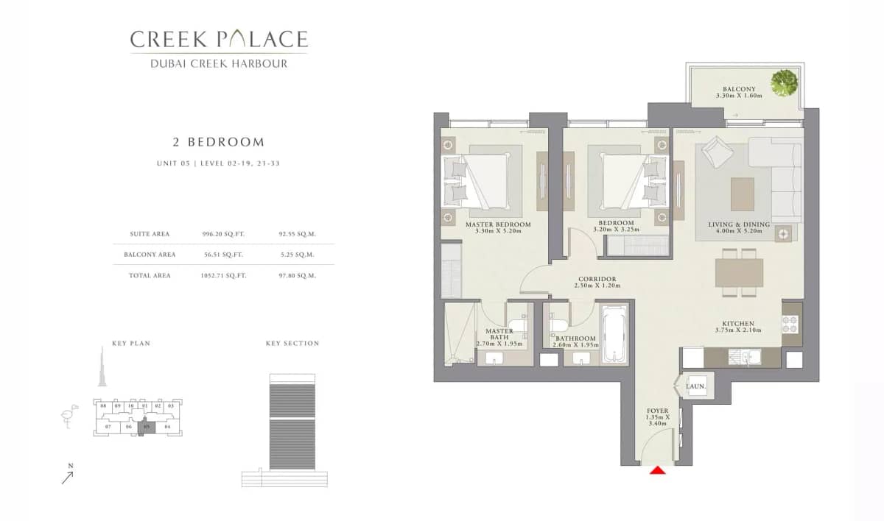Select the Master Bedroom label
498,224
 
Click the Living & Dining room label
739,224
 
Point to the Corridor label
597,280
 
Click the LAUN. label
696,386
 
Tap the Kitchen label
737,324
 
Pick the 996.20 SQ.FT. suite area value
223,234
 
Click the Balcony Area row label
150,255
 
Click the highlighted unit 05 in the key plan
147,427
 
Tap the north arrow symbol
68,477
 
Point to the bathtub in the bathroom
613,336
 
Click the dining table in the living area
739,272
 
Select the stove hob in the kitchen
790,324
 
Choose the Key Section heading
292,344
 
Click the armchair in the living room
715,153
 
